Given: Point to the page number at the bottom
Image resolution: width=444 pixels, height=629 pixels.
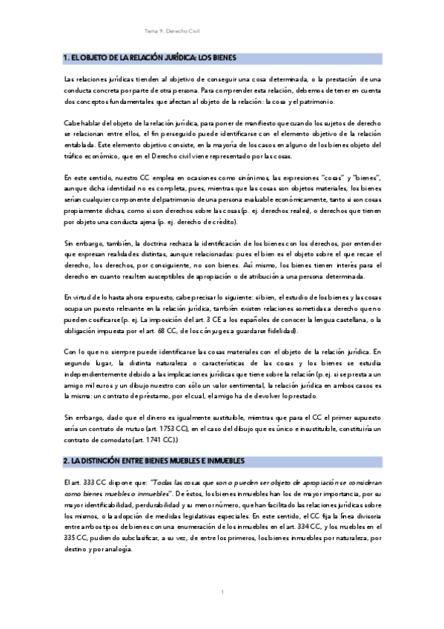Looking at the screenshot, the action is click(x=222, y=592).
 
